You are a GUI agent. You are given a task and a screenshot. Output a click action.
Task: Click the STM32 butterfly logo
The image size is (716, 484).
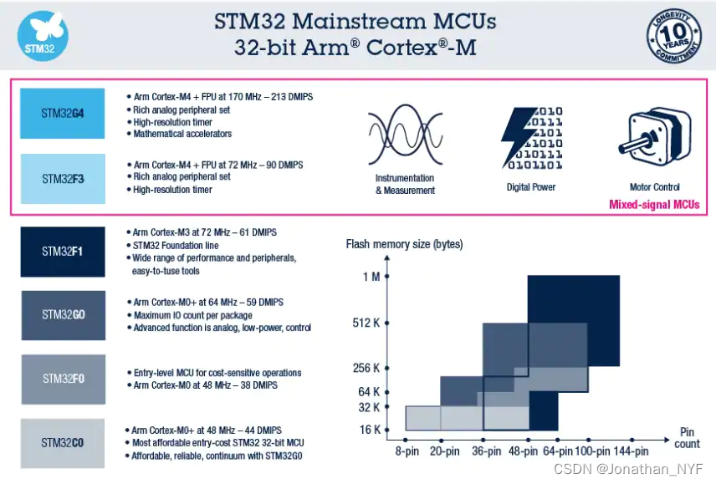pos(43,35)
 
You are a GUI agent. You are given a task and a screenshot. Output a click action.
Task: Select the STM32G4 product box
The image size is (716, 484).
pos(63,113)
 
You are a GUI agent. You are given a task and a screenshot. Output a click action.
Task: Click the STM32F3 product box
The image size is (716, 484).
pos(63,178)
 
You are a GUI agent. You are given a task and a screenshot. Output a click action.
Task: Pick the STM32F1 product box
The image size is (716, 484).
pos(63,251)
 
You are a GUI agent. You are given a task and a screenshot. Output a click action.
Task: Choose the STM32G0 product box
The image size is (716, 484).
pos(63,315)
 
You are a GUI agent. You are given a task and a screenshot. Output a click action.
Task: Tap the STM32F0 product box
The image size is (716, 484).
pos(63,379)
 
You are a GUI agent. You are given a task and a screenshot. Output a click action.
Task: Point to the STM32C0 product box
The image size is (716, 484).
pos(63,443)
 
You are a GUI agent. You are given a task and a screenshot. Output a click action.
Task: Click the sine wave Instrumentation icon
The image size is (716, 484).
pos(405,134)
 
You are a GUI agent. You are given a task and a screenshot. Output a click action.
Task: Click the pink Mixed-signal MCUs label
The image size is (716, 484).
pos(653,205)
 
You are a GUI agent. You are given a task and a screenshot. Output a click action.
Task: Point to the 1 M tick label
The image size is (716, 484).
pos(371,277)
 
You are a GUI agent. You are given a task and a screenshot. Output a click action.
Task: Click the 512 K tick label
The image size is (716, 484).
pos(366,323)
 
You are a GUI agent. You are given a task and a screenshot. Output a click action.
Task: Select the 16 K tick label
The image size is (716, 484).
pos(369,430)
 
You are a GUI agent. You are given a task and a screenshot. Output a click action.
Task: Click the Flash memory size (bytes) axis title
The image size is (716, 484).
pos(404,244)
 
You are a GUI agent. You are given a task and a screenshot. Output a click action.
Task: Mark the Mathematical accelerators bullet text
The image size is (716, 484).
pos(182,134)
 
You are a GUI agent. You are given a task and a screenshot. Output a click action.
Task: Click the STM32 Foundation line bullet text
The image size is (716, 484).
pos(176,246)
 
